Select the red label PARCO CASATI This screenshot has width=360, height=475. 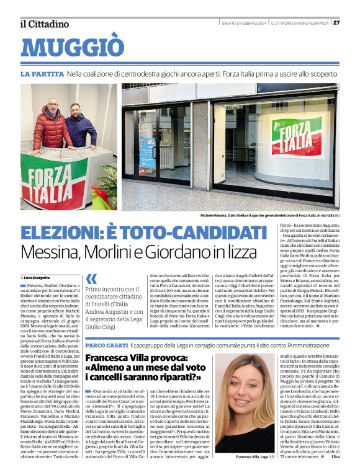[x=106, y=344]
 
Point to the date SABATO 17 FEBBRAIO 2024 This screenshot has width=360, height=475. [x=244, y=23]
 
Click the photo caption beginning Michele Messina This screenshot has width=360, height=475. [x=270, y=215]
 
